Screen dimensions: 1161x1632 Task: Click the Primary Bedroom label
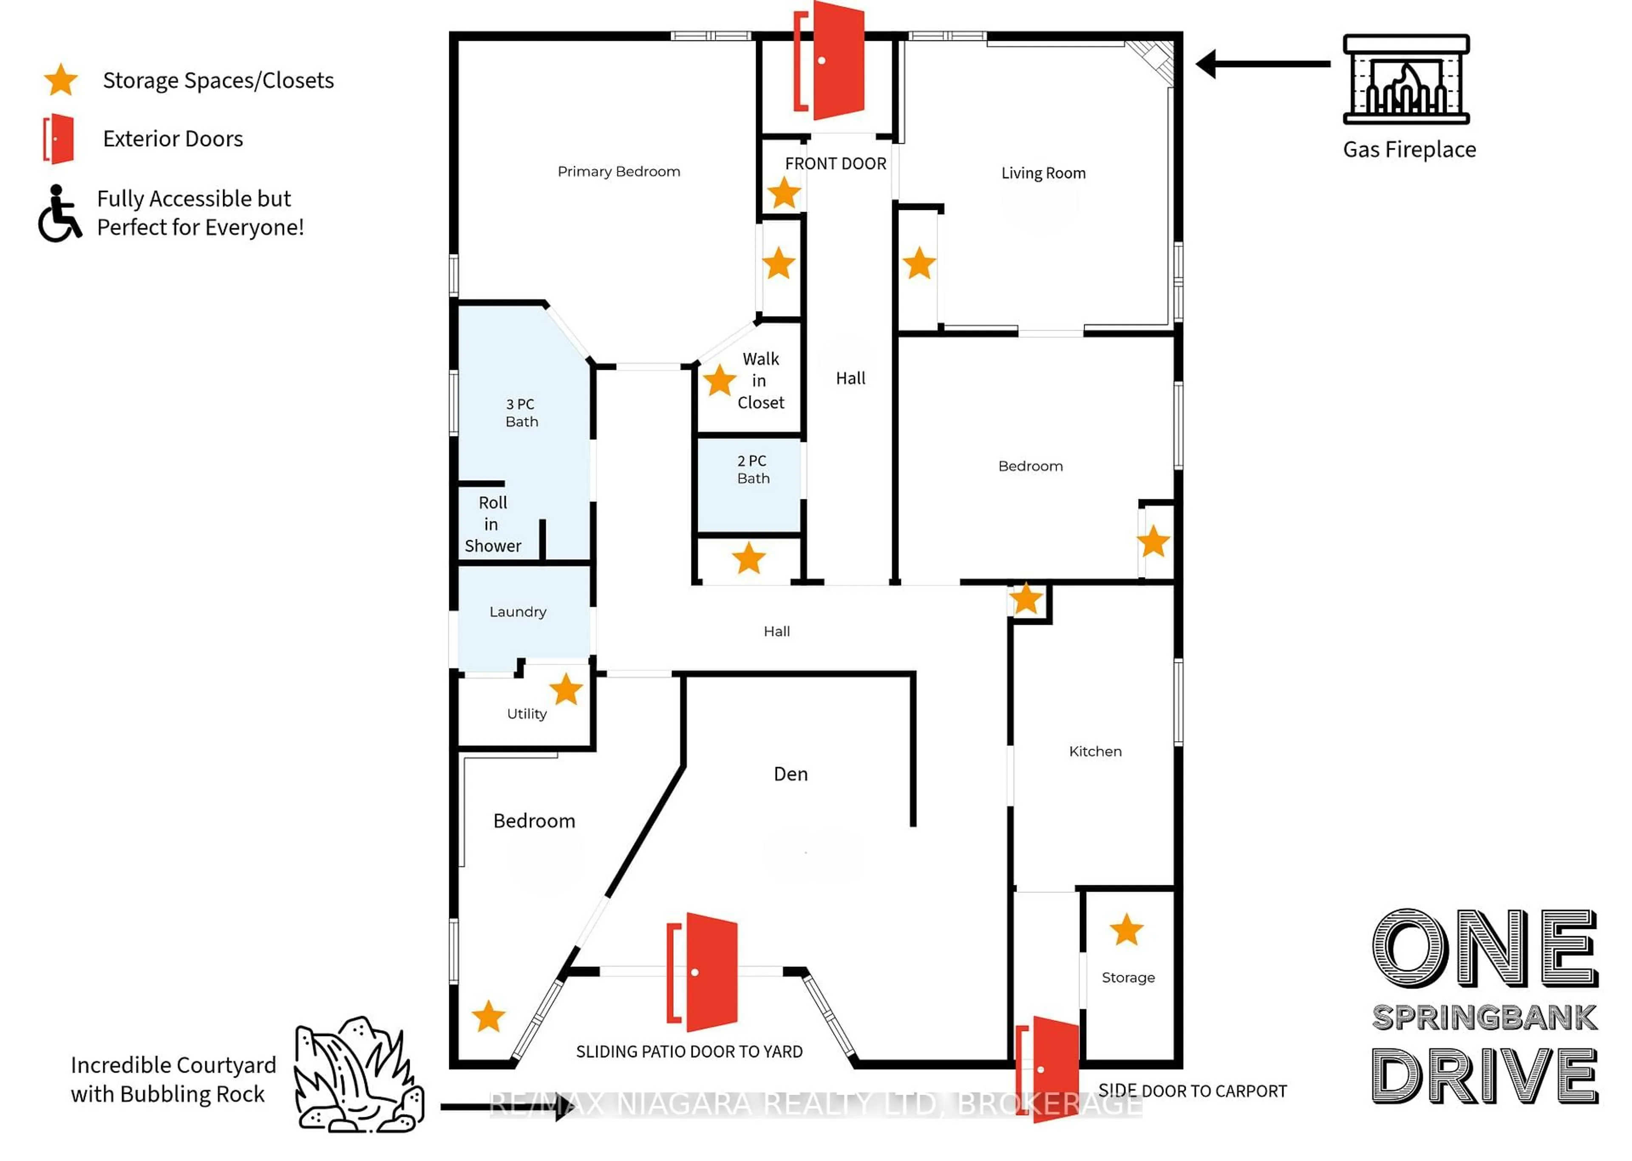tap(618, 172)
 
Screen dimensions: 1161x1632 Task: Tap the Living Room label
tap(1043, 173)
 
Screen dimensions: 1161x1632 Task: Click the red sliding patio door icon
tap(702, 972)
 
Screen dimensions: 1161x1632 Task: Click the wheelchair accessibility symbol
tap(59, 214)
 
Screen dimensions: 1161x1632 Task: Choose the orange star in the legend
tap(61, 80)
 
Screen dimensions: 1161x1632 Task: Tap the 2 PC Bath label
tap(753, 470)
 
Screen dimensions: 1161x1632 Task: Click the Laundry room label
tap(518, 612)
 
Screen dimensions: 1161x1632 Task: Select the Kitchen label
tap(1094, 751)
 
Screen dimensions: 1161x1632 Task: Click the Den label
tap(790, 774)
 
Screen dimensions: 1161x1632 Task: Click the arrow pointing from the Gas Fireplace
tap(1262, 64)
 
